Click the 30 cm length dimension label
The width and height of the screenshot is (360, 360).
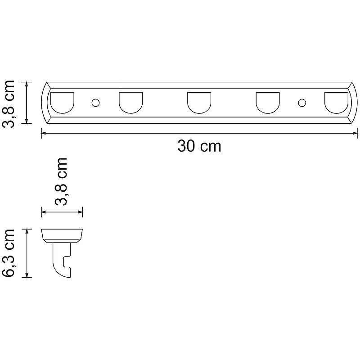tap(199, 146)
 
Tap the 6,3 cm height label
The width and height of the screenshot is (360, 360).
tap(9, 253)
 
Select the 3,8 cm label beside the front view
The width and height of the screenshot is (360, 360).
tap(9, 104)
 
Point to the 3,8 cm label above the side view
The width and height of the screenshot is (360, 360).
tap(61, 181)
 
